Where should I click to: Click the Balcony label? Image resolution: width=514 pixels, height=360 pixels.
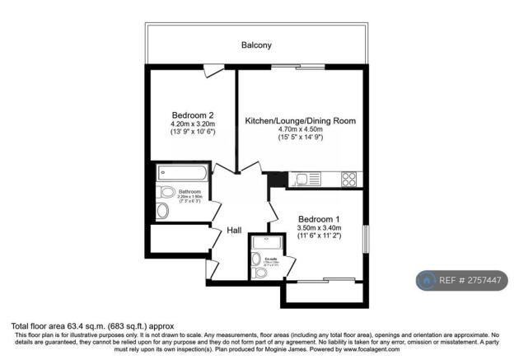tap(256, 44)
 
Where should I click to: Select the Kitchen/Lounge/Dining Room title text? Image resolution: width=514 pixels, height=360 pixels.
tap(301, 120)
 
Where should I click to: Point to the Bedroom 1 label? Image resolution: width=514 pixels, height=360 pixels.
tap(320, 218)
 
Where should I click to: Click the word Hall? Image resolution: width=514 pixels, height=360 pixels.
tap(234, 231)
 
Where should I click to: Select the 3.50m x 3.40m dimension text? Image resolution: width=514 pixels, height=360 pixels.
tap(320, 227)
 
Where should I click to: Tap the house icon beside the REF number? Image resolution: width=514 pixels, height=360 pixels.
tap(428, 281)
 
